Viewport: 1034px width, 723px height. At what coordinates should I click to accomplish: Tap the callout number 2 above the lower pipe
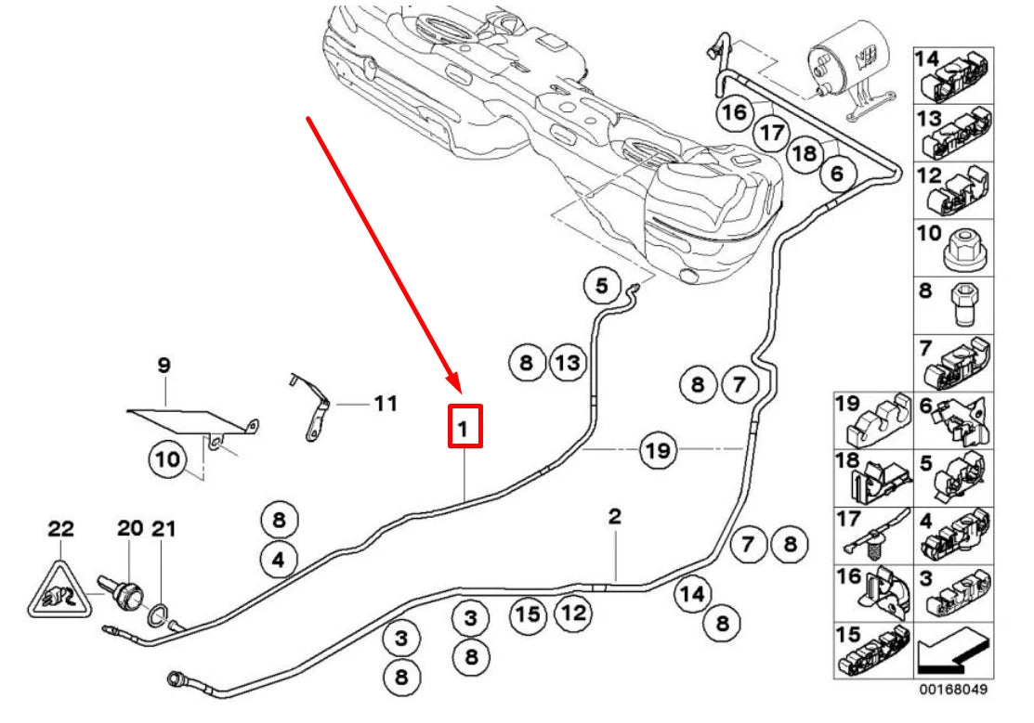point(614,516)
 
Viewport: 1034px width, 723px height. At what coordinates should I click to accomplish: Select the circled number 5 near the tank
point(601,287)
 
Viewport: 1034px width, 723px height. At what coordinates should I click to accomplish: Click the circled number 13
point(568,363)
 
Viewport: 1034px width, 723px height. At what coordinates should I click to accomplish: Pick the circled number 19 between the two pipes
point(658,451)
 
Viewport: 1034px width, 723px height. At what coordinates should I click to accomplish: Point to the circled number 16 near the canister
point(734,112)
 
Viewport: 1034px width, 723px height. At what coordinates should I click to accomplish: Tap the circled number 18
point(805,152)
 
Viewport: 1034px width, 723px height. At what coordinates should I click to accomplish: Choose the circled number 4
point(280,559)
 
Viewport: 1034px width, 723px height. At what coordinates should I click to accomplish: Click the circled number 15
point(528,613)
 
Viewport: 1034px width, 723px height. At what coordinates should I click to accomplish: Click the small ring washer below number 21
point(160,613)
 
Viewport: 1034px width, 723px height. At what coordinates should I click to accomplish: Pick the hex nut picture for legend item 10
point(964,248)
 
